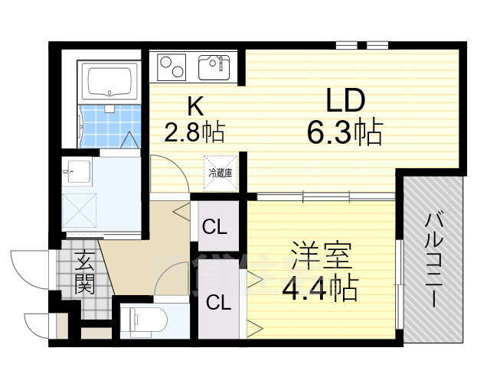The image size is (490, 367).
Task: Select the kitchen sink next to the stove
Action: tap(214, 67)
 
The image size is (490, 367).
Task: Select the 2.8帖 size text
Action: tap(194, 135)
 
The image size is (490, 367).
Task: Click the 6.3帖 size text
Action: tap(344, 135)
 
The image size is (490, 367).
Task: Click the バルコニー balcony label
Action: tap(433, 260)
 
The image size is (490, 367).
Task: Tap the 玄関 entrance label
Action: tap(84, 274)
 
